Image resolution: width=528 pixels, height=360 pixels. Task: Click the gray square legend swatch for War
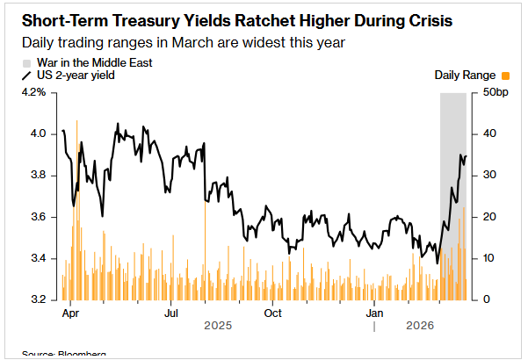click(26, 63)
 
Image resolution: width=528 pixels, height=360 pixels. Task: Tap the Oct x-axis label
click(272, 313)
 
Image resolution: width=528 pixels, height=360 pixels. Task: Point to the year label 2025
click(218, 327)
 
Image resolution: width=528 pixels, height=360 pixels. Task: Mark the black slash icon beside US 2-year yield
click(26, 76)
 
